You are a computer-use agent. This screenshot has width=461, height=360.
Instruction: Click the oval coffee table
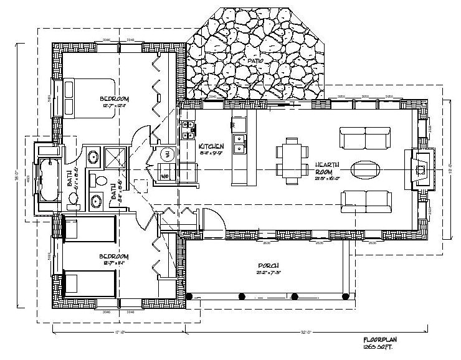[x=365, y=168]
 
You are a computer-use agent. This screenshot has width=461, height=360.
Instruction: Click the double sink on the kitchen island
[x=239, y=148]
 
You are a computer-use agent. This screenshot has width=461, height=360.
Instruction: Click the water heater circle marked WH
[x=167, y=154]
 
